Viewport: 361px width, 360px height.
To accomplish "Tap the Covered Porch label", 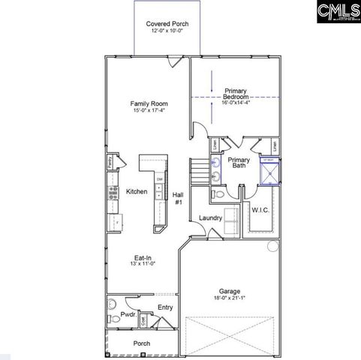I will tap(167, 24).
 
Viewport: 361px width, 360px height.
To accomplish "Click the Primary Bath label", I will tap(239, 163).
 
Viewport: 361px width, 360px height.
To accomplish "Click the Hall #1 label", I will tap(179, 199).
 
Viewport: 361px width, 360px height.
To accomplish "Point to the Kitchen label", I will tap(137, 191).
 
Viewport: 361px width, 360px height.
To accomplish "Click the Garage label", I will tap(229, 292).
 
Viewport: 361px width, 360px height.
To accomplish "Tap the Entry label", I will tap(165, 307).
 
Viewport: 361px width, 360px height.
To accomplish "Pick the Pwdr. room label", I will tap(128, 316).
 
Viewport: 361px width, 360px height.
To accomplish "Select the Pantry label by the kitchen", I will tap(110, 160).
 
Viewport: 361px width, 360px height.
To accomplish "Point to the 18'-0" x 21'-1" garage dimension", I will tap(229, 300).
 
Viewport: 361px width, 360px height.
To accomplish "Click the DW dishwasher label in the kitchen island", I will tap(159, 179).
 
